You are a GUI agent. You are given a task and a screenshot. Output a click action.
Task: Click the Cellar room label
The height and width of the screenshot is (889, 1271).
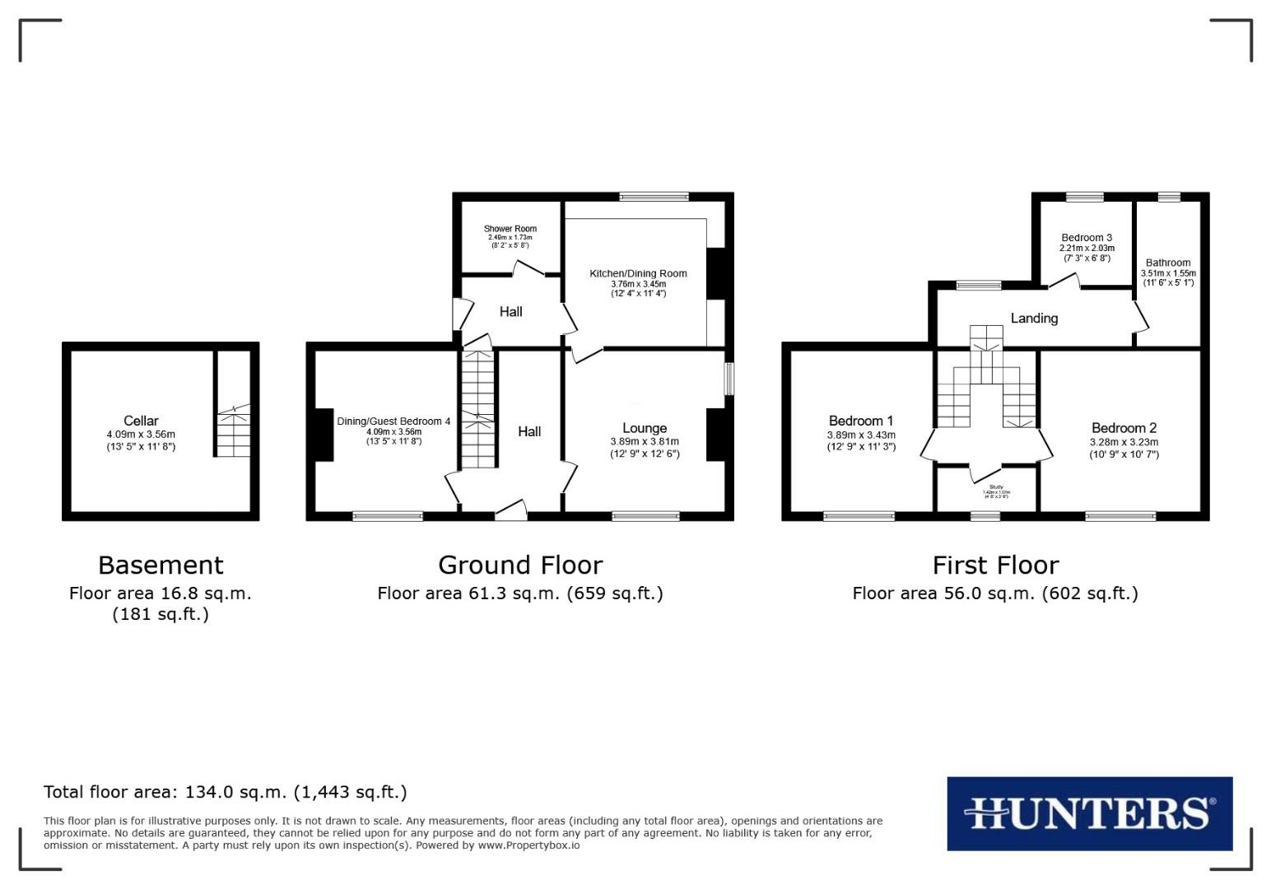point(141,421)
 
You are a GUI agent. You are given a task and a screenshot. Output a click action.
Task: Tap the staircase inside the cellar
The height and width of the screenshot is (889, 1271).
point(234,432)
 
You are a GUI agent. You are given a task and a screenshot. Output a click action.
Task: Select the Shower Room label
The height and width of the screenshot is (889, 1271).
point(510,229)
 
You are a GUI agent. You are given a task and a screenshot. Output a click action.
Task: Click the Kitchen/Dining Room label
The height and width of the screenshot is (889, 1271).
point(638,273)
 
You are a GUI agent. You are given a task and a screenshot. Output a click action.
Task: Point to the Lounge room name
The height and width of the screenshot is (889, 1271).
point(645,428)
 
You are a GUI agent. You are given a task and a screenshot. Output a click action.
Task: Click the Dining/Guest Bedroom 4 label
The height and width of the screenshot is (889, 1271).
point(393,421)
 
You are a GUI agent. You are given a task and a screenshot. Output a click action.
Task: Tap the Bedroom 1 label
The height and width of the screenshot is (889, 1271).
point(861,421)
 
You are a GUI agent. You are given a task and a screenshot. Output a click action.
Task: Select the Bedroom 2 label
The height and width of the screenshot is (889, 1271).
point(1124,428)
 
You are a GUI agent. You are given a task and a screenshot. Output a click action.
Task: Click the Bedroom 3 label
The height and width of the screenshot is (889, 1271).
point(1087,238)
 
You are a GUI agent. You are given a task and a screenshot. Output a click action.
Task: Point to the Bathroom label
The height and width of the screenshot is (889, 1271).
point(1167,263)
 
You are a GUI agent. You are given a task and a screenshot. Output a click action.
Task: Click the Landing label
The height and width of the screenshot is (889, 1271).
point(1034,319)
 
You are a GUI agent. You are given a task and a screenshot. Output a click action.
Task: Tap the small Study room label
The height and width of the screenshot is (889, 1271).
point(996,487)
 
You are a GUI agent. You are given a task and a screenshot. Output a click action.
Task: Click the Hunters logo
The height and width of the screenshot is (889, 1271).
point(1089,813)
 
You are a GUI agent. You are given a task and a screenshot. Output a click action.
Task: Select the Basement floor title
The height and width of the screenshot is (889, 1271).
point(161,566)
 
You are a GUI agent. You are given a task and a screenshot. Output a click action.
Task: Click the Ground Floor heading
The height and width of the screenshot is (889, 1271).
point(520,566)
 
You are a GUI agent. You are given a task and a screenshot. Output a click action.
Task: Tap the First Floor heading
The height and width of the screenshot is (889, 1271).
point(995,566)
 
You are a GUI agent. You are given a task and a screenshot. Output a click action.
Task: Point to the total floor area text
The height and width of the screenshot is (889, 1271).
point(225,793)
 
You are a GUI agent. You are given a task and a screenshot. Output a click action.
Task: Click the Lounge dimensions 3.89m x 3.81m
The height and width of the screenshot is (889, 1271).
point(645,442)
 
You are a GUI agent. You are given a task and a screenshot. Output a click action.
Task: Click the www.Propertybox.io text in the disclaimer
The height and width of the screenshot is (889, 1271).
point(528,845)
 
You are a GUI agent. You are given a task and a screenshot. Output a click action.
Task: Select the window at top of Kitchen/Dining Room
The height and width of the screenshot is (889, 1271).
point(654,196)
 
